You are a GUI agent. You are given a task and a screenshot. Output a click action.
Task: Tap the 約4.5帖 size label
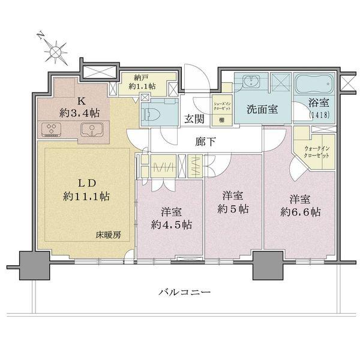[x=171, y=225]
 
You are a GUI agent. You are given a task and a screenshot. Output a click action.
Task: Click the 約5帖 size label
[x=233, y=209]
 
